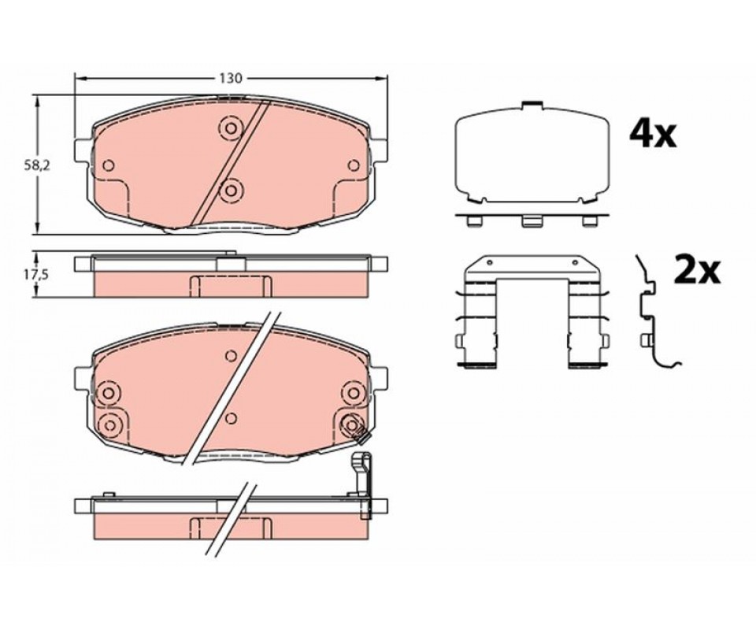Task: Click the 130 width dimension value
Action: click(231, 78)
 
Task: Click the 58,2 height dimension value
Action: click(37, 165)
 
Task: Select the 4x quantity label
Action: click(653, 134)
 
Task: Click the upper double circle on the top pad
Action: click(231, 128)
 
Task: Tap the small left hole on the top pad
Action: click(109, 165)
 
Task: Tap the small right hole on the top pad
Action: click(354, 165)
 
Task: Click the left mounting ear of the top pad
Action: click(83, 150)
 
